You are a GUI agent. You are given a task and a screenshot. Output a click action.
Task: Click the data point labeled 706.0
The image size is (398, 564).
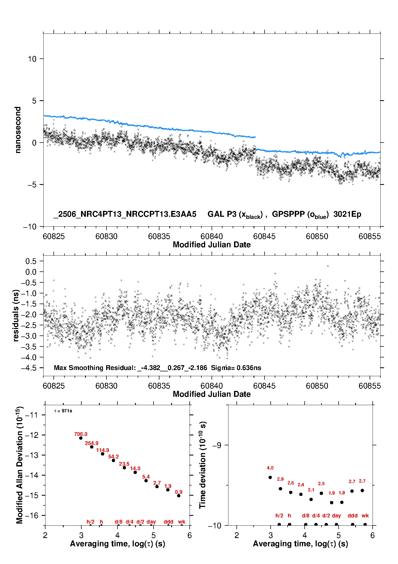click(x=81, y=438)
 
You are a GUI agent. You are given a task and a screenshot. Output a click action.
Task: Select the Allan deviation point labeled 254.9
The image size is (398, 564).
click(x=92, y=447)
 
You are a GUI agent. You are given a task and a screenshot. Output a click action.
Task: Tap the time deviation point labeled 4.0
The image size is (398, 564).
click(x=270, y=477)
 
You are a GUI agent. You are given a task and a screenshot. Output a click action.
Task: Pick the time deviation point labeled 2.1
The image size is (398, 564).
click(x=311, y=499)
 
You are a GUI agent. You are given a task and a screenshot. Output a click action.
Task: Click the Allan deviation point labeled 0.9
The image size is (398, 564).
click(x=179, y=496)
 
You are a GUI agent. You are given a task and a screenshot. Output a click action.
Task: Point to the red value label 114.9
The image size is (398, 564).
click(x=102, y=450)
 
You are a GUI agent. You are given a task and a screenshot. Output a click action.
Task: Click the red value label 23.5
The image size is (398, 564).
click(x=124, y=464)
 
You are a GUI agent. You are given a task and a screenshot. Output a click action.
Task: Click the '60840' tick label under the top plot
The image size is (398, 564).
click(x=212, y=236)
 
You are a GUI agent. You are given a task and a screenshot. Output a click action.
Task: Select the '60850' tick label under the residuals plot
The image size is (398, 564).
click(x=317, y=386)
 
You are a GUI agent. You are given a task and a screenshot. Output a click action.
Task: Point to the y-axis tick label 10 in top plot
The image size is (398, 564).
click(x=32, y=59)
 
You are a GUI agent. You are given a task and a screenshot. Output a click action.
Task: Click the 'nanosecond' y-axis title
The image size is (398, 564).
click(x=18, y=130)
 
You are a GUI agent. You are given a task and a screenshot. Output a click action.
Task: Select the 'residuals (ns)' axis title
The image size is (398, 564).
click(x=16, y=316)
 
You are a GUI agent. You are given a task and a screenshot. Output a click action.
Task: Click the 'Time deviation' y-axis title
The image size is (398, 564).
click(x=202, y=481)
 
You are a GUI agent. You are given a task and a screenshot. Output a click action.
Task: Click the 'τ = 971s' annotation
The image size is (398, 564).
click(x=63, y=411)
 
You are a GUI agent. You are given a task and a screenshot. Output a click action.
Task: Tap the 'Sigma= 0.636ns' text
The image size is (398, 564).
click(x=236, y=368)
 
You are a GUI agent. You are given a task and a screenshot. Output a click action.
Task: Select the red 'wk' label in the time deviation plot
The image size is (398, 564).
click(x=365, y=516)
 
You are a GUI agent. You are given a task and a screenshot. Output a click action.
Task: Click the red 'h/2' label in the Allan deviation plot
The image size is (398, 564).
click(x=91, y=522)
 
